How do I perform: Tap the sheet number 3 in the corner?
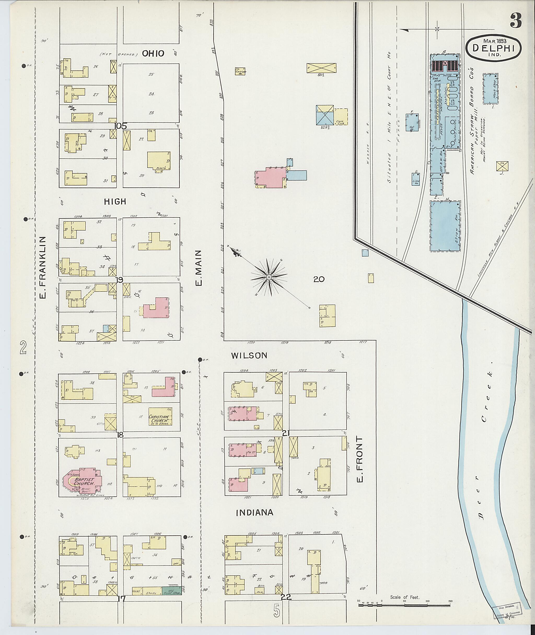(516, 21)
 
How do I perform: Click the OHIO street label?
(153, 54)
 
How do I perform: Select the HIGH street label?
(115, 201)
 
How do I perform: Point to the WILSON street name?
(249, 356)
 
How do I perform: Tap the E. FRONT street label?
(360, 460)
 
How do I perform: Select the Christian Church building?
(160, 420)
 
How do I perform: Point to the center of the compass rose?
(269, 277)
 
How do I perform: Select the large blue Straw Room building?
(445, 226)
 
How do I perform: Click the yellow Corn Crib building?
(341, 117)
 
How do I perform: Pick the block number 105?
(120, 126)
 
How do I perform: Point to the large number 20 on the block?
(319, 279)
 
